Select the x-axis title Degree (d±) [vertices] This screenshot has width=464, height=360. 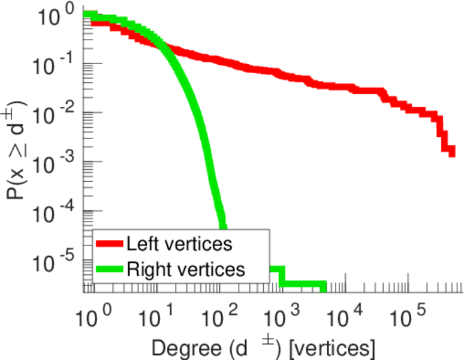[x=264, y=347]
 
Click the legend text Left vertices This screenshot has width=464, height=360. [x=179, y=244]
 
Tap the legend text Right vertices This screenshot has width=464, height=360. [x=185, y=269]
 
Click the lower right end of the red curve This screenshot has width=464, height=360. [x=451, y=153]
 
